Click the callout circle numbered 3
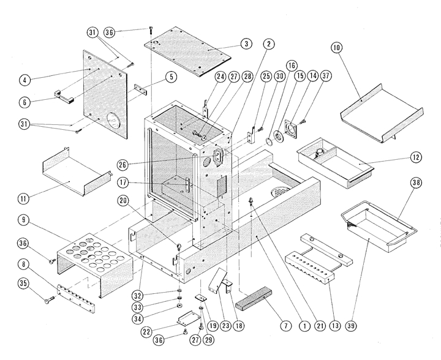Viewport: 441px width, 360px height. click(245, 43)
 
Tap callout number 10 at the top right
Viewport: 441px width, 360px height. click(337, 47)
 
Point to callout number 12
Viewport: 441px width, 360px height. click(416, 157)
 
